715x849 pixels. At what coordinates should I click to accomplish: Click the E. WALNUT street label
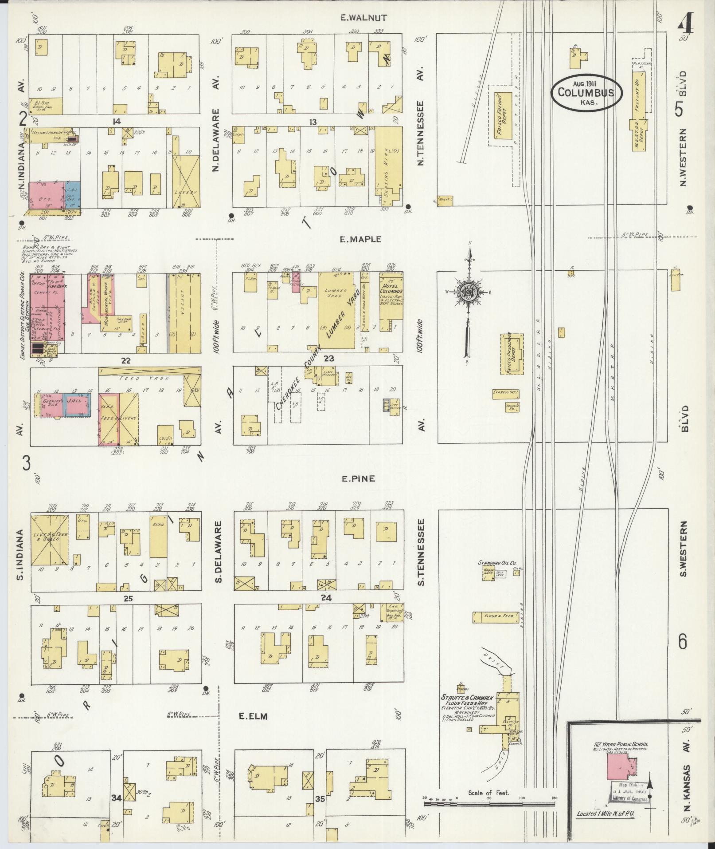(x=363, y=18)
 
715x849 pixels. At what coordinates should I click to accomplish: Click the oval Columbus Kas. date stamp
(x=586, y=93)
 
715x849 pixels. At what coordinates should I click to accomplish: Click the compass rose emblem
(x=467, y=293)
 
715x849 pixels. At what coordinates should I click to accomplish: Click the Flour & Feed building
(x=495, y=616)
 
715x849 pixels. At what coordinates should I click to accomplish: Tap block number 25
(x=128, y=599)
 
